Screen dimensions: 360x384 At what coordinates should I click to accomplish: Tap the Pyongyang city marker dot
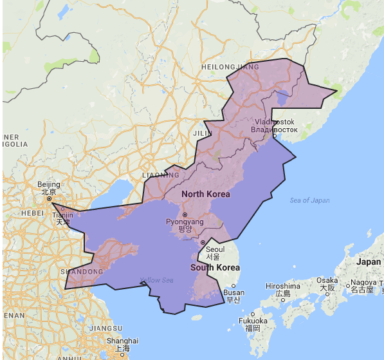click(185, 214)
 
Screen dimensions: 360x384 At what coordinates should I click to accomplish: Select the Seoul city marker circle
click(203, 243)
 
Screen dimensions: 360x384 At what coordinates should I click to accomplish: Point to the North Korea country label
click(205, 194)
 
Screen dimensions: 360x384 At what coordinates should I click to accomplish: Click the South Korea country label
click(214, 267)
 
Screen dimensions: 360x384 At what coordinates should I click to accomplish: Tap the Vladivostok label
click(275, 122)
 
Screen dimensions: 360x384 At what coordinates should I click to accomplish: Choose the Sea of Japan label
click(309, 200)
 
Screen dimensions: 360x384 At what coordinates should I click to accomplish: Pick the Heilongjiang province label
click(230, 66)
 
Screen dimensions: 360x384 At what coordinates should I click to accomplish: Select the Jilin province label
click(203, 133)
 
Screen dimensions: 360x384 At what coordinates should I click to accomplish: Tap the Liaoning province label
click(161, 175)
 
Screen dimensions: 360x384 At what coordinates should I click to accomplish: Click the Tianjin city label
click(62, 214)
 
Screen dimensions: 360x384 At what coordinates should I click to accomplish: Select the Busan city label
click(233, 292)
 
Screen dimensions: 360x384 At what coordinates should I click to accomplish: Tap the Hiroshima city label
click(284, 286)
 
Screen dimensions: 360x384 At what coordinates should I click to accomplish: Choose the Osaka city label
click(327, 280)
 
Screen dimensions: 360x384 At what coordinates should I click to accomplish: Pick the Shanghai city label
click(123, 341)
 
